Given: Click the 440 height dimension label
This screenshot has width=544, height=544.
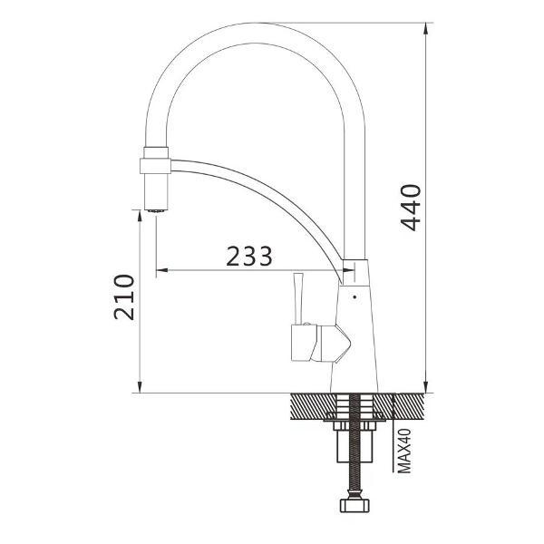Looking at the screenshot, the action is click(411, 208).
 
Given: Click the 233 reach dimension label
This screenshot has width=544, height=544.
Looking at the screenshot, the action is click(249, 256).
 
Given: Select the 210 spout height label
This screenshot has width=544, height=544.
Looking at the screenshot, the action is click(124, 297).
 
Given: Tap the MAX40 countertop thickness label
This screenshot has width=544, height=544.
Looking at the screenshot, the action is click(404, 451).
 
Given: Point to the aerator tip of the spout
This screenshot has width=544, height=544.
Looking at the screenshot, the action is click(156, 210).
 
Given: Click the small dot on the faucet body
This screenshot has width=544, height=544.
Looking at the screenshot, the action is click(355, 297).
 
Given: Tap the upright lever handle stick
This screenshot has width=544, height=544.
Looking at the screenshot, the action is click(298, 298).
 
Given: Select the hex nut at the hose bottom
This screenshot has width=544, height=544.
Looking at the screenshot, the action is click(354, 506).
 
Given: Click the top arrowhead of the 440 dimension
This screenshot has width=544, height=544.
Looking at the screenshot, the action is click(427, 29).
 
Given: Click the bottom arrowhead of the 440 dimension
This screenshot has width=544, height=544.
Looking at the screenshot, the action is click(427, 387).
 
